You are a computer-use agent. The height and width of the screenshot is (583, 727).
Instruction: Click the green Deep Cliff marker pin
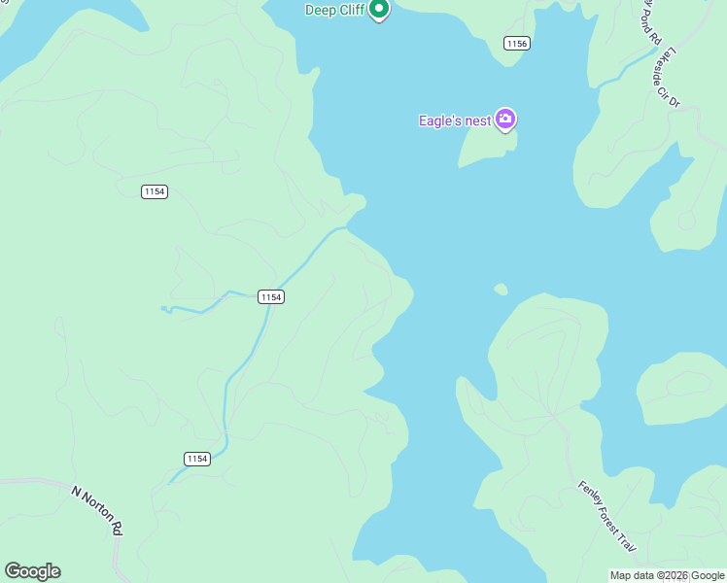pyautogui.click(x=380, y=10)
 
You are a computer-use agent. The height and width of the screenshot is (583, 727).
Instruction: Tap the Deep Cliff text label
pyautogui.click(x=334, y=10)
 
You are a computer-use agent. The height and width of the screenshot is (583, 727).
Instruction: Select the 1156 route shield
pyautogui.click(x=516, y=44)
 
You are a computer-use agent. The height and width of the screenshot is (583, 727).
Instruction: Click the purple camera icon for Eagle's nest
pyautogui.click(x=504, y=120)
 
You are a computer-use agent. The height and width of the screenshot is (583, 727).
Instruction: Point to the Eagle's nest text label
pyautogui.click(x=454, y=120)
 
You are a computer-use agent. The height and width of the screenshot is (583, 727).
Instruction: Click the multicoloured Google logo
pyautogui.click(x=32, y=571)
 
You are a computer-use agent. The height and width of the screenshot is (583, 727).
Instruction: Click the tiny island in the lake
pyautogui.click(x=501, y=289)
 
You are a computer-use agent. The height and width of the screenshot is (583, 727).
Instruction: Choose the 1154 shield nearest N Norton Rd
pyautogui.click(x=197, y=459)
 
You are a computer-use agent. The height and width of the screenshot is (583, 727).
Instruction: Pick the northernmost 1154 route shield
pyautogui.click(x=154, y=191)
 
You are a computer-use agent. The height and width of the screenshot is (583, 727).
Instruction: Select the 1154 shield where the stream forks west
pyautogui.click(x=271, y=296)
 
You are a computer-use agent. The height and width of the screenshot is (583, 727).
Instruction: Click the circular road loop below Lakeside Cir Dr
pyautogui.click(x=687, y=221)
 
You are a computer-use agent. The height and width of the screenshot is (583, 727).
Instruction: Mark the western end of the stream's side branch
pyautogui.click(x=162, y=309)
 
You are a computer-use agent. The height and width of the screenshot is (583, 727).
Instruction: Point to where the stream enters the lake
pyautogui.click(x=347, y=228)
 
